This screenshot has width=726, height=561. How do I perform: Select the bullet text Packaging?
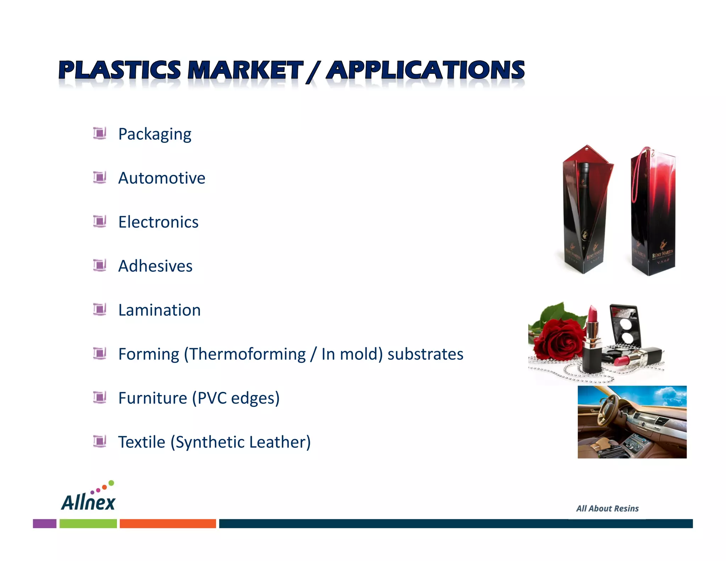pyautogui.click(x=155, y=134)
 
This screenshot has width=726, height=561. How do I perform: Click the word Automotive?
pyautogui.click(x=162, y=178)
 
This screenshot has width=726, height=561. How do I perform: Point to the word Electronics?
pyautogui.click(x=158, y=222)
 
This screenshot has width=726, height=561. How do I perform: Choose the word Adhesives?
pyautogui.click(x=155, y=266)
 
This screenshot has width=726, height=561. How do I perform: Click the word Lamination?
pyautogui.click(x=160, y=310)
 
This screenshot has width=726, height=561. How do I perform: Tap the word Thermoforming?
pyautogui.click(x=247, y=354)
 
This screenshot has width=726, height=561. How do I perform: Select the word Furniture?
pyautogui.click(x=152, y=398)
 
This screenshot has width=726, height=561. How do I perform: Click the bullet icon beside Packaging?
pyautogui.click(x=100, y=133)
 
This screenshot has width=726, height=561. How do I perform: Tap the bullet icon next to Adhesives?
pyautogui.click(x=100, y=265)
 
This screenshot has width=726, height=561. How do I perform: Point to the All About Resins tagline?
pyautogui.click(x=607, y=509)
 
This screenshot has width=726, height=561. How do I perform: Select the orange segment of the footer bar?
pyautogui.click(x=168, y=523)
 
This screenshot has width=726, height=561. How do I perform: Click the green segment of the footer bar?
pyautogui.click(x=88, y=523)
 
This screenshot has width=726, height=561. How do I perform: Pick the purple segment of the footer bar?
pyautogui.click(x=45, y=523)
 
